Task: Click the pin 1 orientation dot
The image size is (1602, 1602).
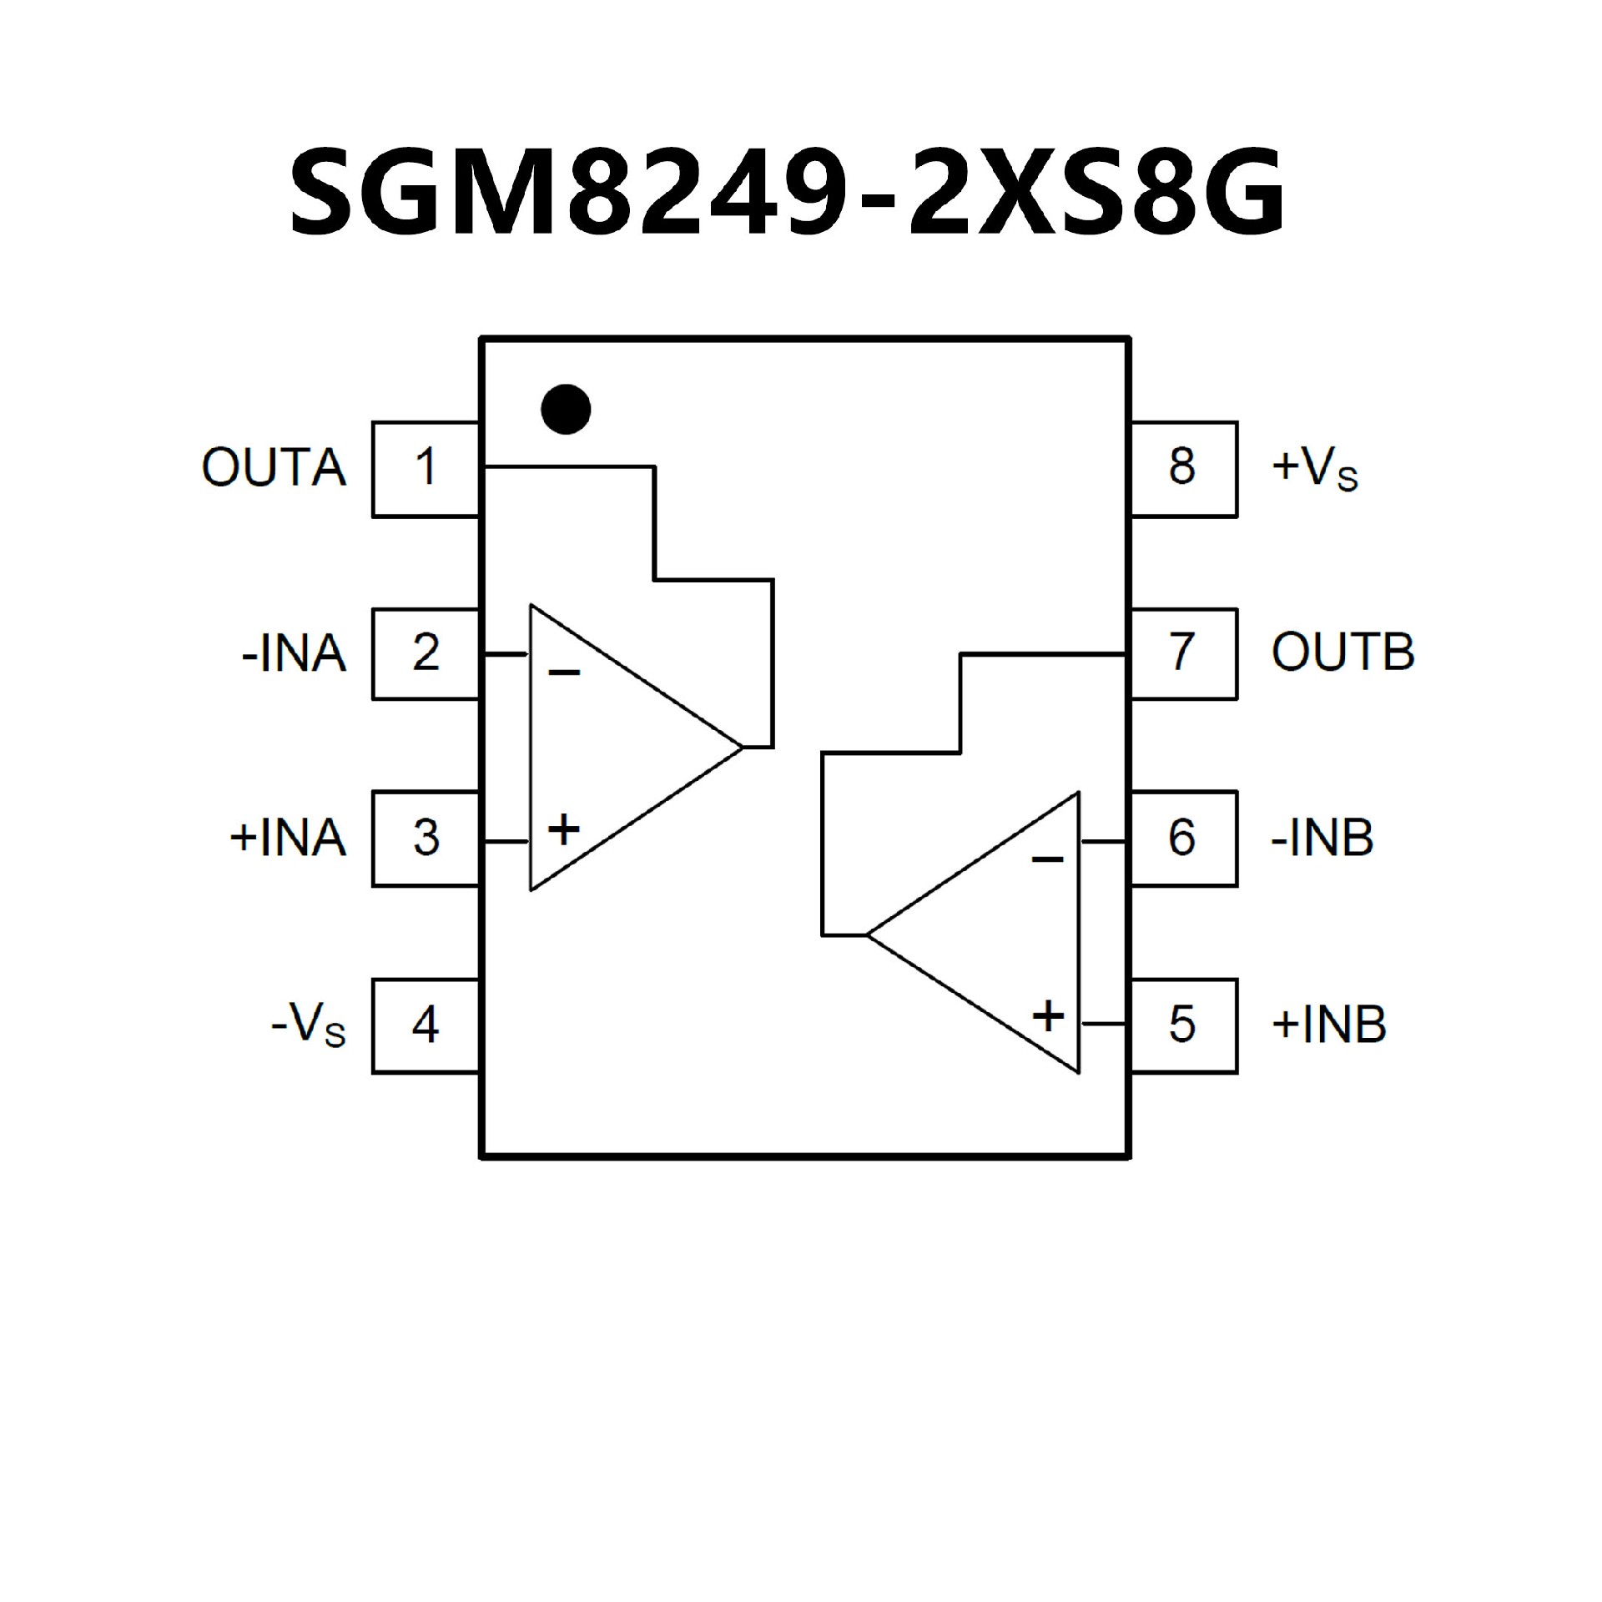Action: pyautogui.click(x=566, y=409)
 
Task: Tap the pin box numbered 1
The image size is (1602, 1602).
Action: pyautogui.click(x=426, y=469)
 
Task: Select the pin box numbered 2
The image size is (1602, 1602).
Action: pyautogui.click(x=426, y=653)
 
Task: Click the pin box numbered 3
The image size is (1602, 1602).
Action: pyautogui.click(x=426, y=838)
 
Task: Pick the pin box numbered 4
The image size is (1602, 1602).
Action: pyautogui.click(x=426, y=1025)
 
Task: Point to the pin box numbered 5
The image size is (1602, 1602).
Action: pyautogui.click(x=1182, y=1025)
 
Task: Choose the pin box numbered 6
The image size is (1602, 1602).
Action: pyautogui.click(x=1182, y=838)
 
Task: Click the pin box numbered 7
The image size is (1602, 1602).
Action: pyautogui.click(x=1182, y=653)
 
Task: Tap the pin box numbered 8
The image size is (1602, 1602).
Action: pyautogui.click(x=1182, y=469)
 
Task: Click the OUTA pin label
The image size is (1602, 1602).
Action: pyautogui.click(x=274, y=468)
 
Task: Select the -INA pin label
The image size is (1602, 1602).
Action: pyautogui.click(x=294, y=653)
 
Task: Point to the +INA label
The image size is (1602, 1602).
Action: pyautogui.click(x=288, y=838)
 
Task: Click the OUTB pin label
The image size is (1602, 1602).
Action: pyautogui.click(x=1343, y=652)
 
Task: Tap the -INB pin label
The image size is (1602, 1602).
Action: pyautogui.click(x=1322, y=838)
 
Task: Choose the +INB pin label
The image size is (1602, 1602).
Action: pyautogui.click(x=1328, y=1025)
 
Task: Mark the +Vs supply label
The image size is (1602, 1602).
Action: pyautogui.click(x=1315, y=471)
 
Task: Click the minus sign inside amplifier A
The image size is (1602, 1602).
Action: pyautogui.click(x=564, y=673)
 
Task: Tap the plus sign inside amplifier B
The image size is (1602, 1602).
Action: pyautogui.click(x=1048, y=1016)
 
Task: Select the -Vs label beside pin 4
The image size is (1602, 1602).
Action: pyautogui.click(x=308, y=1026)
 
